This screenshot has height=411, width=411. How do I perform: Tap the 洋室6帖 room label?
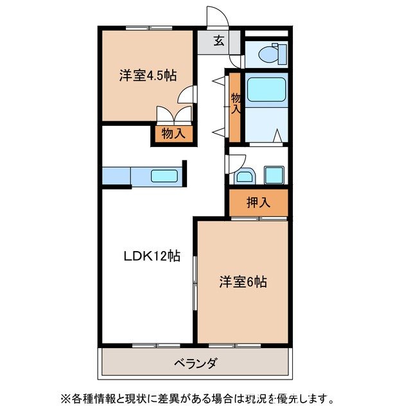pyautogui.click(x=243, y=281)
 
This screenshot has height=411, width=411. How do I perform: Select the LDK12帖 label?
pyautogui.click(x=152, y=256)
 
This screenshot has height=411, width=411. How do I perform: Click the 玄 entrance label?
pyautogui.click(x=218, y=42)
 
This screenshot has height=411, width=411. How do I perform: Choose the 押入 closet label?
pyautogui.click(x=259, y=202)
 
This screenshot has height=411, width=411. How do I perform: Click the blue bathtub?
pyautogui.click(x=266, y=89)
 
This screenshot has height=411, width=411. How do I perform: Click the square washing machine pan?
pyautogui.click(x=274, y=174)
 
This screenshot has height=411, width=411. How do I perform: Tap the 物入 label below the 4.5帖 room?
pyautogui.click(x=173, y=134)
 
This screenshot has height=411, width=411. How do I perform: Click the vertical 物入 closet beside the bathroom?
pyautogui.click(x=236, y=106)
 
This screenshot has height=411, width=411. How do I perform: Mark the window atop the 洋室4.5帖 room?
pyautogui.click(x=148, y=28)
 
